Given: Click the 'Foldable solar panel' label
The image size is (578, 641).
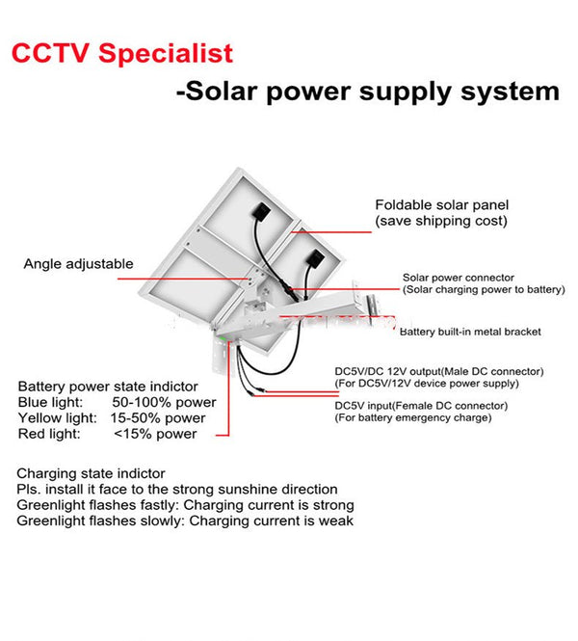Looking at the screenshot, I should (441, 205).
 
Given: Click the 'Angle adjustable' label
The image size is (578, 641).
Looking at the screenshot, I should (79, 264).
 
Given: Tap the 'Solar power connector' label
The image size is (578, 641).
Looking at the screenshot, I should (458, 279).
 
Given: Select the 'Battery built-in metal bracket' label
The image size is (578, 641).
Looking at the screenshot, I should (470, 332).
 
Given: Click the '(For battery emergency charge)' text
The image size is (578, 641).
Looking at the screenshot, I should (412, 417).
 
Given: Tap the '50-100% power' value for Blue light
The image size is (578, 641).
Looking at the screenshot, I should (164, 402).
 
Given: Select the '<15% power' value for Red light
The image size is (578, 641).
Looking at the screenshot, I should (155, 434).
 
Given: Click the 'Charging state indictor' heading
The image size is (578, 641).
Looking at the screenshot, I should (91, 474).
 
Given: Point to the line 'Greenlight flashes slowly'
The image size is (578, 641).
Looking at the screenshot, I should (185, 521).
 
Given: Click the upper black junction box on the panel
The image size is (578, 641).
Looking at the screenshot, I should (261, 209).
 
